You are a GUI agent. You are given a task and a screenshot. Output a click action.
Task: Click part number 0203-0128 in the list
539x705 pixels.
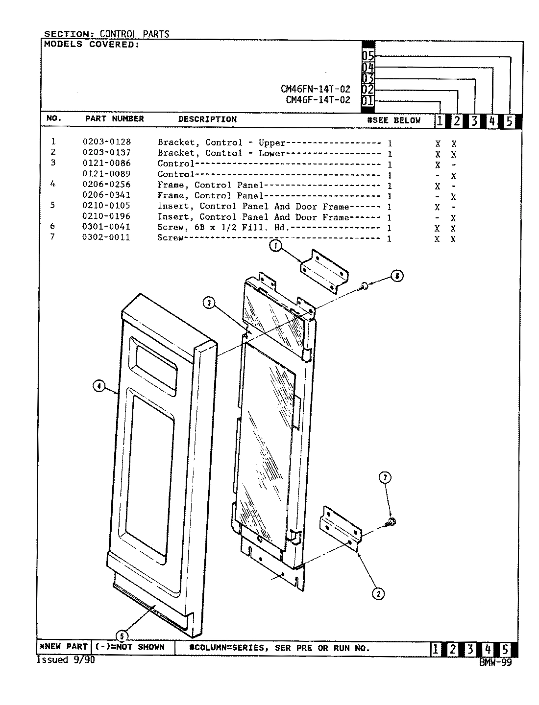tap(106, 142)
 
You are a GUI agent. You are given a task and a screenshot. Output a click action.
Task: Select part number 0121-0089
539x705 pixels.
tap(106, 174)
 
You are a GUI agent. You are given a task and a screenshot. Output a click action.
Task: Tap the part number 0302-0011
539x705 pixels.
tap(106, 237)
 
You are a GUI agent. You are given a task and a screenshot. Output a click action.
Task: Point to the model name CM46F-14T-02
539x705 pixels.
tap(318, 100)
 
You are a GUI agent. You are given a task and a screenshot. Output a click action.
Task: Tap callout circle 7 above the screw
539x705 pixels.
tap(386, 477)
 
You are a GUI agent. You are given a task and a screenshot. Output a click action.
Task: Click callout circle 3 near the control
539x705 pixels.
tap(209, 304)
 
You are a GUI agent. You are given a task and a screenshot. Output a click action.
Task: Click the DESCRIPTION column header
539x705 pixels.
tap(207, 119)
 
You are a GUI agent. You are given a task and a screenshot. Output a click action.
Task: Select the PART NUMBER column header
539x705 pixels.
tap(115, 119)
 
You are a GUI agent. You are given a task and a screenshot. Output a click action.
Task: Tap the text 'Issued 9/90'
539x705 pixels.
tap(66, 660)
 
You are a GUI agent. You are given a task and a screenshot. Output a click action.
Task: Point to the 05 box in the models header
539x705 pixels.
tap(368, 56)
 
